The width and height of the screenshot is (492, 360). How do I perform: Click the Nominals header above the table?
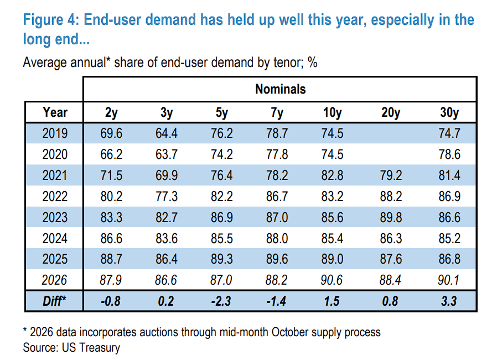pyautogui.click(x=280, y=89)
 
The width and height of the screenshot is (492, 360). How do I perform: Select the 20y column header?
pyautogui.click(x=391, y=112)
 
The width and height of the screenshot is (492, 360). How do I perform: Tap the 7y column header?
pyautogui.click(x=277, y=112)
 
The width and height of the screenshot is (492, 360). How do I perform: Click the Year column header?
pyautogui.click(x=55, y=112)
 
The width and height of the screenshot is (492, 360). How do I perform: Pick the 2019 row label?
pyautogui.click(x=55, y=133)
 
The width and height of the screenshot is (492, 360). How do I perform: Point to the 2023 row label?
pyautogui.click(x=55, y=217)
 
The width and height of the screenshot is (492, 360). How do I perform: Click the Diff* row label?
pyautogui.click(x=54, y=301)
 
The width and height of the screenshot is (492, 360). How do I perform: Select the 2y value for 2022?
pyautogui.click(x=111, y=196)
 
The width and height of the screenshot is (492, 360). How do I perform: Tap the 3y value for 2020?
pyautogui.click(x=167, y=154)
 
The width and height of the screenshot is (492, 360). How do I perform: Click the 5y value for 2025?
pyautogui.click(x=222, y=259)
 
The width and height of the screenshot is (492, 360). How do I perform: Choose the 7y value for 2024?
pyautogui.click(x=277, y=238)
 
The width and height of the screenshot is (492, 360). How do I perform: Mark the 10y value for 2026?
pyautogui.click(x=332, y=280)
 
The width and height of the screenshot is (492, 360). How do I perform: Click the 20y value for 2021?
pyautogui.click(x=391, y=175)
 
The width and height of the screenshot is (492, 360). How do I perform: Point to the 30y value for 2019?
pyautogui.click(x=449, y=133)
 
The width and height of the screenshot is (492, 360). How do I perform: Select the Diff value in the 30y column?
pyautogui.click(x=449, y=301)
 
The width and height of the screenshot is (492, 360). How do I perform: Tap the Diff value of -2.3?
pyautogui.click(x=221, y=301)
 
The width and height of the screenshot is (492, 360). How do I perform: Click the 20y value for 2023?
pyautogui.click(x=391, y=217)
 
